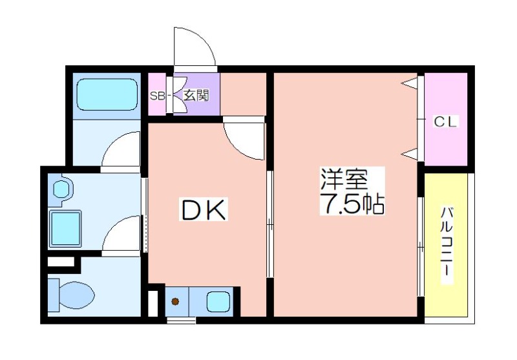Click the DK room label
204,209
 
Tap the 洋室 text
344,179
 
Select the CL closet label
445,122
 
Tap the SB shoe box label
157,96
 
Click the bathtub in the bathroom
107,94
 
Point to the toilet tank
54,295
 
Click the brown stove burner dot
175,301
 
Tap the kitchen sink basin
218,301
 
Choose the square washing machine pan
66,228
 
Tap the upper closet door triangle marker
409,83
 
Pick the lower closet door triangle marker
409,154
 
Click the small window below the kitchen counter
182,320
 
